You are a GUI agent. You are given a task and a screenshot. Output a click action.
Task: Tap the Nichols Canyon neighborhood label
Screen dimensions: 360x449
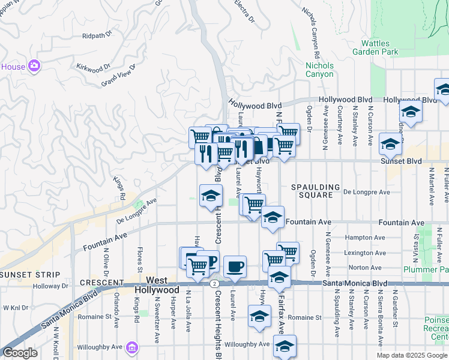pyautogui.click(x=319, y=70)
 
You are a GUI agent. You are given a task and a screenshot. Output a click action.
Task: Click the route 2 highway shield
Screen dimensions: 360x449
pyautogui.click(x=214, y=283)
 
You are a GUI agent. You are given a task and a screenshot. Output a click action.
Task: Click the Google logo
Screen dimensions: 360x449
pyautogui.click(x=20, y=352)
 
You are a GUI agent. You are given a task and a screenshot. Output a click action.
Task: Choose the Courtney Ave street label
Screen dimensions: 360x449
pyautogui.click(x=340, y=125)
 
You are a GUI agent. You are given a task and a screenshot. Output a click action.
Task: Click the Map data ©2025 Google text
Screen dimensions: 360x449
pyautogui.click(x=411, y=355)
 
